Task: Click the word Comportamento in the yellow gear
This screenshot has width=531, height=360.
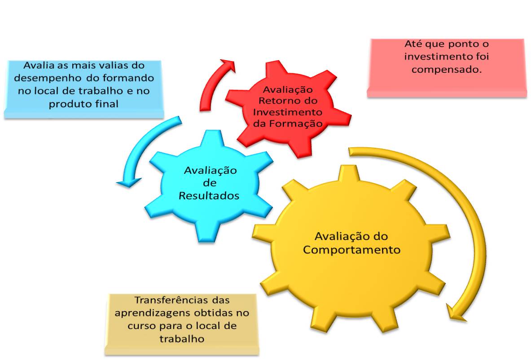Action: click(351, 250)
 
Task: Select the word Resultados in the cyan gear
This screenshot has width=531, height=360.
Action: click(209, 196)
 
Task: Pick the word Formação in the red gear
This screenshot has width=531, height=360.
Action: click(301, 124)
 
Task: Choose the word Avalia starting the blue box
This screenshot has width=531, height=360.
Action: click(38, 65)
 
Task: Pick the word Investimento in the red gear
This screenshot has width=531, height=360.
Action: click(288, 112)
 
